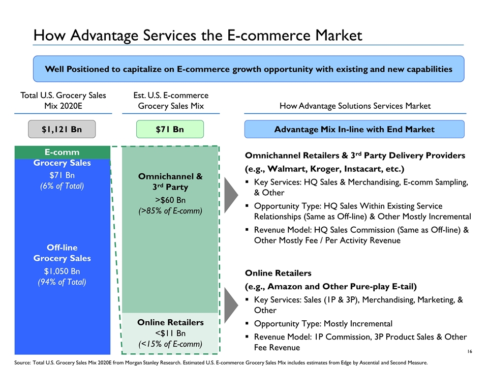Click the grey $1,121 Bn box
62,129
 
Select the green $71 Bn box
170,129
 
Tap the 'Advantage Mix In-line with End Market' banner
354,129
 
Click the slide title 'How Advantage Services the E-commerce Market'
198,35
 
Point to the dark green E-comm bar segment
62,152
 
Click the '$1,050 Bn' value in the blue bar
62,271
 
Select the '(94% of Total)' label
62,282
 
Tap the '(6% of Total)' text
62,186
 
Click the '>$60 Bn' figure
170,200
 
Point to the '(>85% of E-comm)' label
170,211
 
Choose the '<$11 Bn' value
170,333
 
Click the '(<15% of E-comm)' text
170,344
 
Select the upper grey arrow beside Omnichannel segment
231,195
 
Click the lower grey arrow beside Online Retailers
231,305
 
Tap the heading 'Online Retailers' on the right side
278,273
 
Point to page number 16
470,351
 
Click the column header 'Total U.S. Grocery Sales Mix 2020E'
63,101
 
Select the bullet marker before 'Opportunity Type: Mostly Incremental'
247,323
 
